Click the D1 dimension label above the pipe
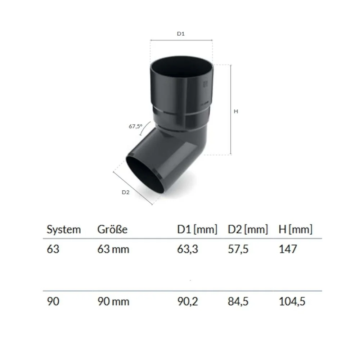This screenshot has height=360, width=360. coord(181,34)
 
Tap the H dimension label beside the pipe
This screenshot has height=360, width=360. coord(236,112)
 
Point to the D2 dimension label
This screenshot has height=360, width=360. coord(125,192)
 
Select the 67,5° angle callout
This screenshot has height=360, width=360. coord(135,126)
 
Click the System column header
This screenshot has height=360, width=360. coord(64,230)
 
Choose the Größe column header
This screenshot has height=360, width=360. coord(112,230)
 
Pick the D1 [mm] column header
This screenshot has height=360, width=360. coord(197,230)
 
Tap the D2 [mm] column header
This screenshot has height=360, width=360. coord(248,230)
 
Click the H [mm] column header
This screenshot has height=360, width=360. coord(295,230)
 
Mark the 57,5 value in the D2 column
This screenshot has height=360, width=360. coord(238,249)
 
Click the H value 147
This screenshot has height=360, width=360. coord(288,249)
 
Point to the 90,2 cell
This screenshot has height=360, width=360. coord(188,301)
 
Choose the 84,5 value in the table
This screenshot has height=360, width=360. coord(238,301)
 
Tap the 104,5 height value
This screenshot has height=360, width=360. coord(292,301)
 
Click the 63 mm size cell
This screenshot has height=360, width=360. coord(113,249)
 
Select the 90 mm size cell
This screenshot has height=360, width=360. coord(113,301)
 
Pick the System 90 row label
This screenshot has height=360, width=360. coord(53,301)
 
